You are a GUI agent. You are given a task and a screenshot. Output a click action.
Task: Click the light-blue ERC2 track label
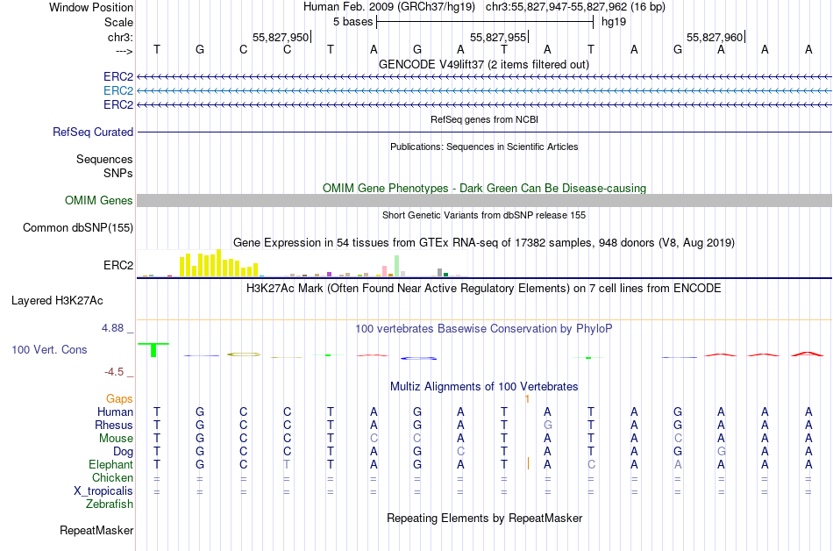[118, 90]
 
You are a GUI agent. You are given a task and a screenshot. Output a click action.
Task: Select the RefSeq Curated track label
[93, 132]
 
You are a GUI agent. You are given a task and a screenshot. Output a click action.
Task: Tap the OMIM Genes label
[99, 201]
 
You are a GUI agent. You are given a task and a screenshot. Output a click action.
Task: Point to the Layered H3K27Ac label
[57, 300]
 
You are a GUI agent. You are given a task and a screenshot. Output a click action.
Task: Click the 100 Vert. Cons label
[49, 349]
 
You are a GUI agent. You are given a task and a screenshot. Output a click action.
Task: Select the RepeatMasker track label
[96, 530]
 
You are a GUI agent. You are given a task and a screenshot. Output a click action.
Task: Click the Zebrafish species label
[110, 504]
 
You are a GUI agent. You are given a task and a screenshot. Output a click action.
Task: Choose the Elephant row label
[110, 465]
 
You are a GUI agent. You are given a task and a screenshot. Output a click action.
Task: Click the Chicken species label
[113, 478]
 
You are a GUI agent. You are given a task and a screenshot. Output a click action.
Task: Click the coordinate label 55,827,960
[715, 38]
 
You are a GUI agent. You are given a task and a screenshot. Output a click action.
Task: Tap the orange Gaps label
[119, 399]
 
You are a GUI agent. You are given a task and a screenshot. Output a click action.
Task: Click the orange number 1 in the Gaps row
[527, 399]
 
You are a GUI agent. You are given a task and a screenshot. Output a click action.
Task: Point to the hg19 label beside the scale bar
[612, 21]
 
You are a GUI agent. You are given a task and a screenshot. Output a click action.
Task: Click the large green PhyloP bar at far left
[153, 349]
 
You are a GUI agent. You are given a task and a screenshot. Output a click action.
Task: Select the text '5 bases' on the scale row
[352, 21]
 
